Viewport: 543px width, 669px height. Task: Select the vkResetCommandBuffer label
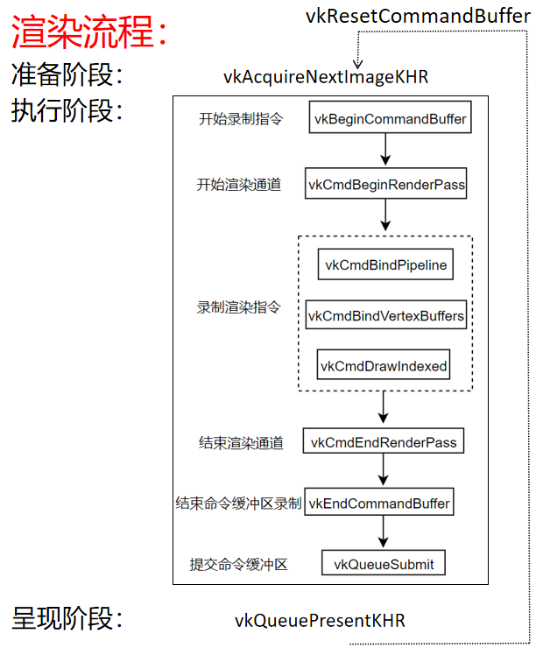(x=418, y=16)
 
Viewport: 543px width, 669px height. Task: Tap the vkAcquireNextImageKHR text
(x=326, y=76)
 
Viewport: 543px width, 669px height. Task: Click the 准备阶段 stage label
(x=67, y=75)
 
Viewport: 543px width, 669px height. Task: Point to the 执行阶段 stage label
(x=67, y=111)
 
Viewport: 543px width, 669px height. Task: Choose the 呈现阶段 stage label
(x=67, y=618)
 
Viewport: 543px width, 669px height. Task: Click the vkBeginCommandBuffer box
(x=390, y=118)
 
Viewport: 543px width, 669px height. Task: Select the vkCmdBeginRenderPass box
(x=386, y=185)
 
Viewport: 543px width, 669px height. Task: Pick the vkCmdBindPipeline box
(x=385, y=264)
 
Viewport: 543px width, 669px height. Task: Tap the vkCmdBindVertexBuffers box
(x=385, y=315)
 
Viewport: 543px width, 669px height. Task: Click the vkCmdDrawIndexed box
(x=384, y=365)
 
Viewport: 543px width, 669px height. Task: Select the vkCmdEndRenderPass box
(x=384, y=442)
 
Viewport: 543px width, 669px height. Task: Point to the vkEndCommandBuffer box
(x=380, y=503)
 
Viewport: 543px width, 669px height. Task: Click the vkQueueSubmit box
(x=384, y=563)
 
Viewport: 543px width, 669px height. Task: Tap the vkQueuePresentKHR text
(x=320, y=621)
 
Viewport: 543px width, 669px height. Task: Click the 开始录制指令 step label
(x=241, y=119)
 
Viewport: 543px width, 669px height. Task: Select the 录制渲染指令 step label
(x=239, y=307)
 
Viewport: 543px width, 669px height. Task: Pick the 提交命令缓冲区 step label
(x=239, y=564)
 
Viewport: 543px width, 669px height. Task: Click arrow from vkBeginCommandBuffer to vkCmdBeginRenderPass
(x=385, y=150)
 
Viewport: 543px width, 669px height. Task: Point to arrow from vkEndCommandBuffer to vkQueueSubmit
(x=383, y=532)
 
